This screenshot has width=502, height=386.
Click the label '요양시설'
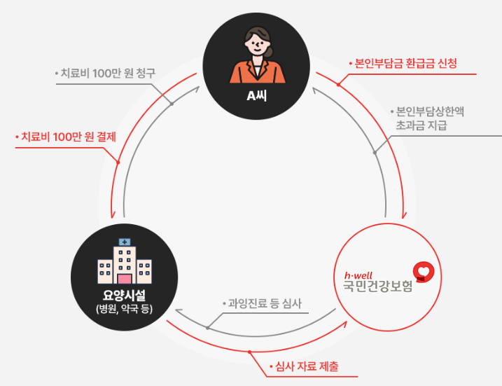(x=125, y=295)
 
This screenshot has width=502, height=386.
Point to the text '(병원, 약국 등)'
(x=125, y=310)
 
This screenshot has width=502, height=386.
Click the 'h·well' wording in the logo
(x=358, y=273)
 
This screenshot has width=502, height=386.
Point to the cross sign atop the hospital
(x=125, y=242)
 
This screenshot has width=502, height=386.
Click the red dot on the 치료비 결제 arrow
(x=118, y=163)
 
